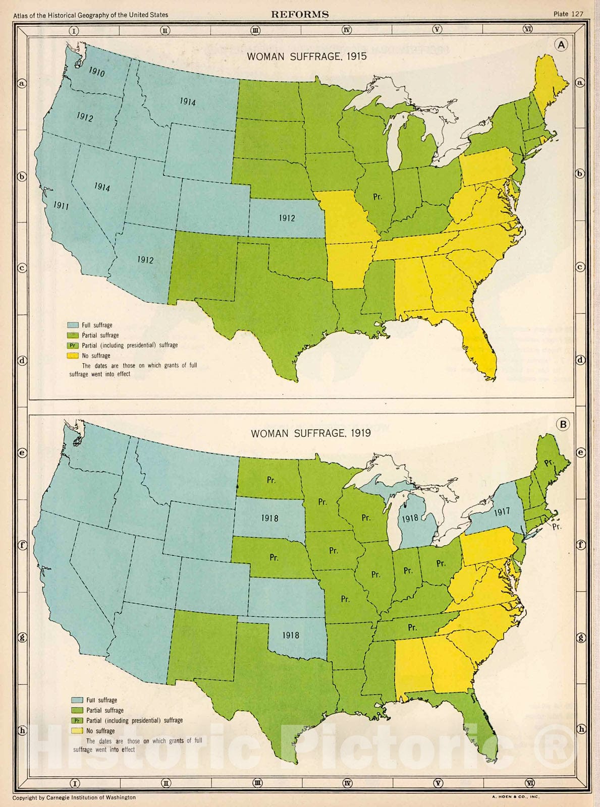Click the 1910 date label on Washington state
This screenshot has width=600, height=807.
click(x=97, y=72)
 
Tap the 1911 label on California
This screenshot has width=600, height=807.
click(x=61, y=205)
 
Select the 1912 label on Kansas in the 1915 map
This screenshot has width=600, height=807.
click(x=287, y=218)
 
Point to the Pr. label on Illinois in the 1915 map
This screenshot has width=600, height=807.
click(x=377, y=197)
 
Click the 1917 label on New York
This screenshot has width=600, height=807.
click(x=502, y=512)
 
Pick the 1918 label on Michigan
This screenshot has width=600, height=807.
click(x=410, y=518)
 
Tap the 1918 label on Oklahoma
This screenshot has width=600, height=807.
click(x=291, y=636)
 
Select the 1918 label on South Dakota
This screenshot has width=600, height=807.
click(x=269, y=518)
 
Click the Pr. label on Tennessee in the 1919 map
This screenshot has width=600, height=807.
click(x=412, y=627)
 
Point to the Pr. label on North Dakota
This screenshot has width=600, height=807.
click(x=271, y=480)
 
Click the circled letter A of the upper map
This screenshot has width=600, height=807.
click(x=562, y=45)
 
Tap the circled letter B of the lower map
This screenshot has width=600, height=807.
click(x=563, y=424)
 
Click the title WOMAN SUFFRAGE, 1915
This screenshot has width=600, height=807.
click(x=306, y=56)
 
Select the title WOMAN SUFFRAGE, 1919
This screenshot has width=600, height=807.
click(x=311, y=433)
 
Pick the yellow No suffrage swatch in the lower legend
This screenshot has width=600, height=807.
click(x=77, y=731)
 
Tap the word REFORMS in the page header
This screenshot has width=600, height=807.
click(x=300, y=15)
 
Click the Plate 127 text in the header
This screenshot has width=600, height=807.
click(x=568, y=14)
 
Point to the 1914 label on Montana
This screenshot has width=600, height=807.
click(x=188, y=102)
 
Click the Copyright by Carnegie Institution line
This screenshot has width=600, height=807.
click(x=74, y=797)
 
